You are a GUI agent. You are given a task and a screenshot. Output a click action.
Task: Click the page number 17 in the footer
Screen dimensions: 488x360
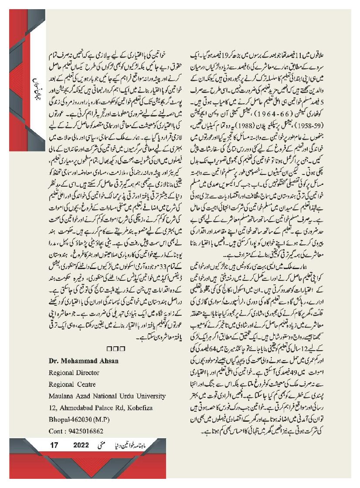(54, 445)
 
